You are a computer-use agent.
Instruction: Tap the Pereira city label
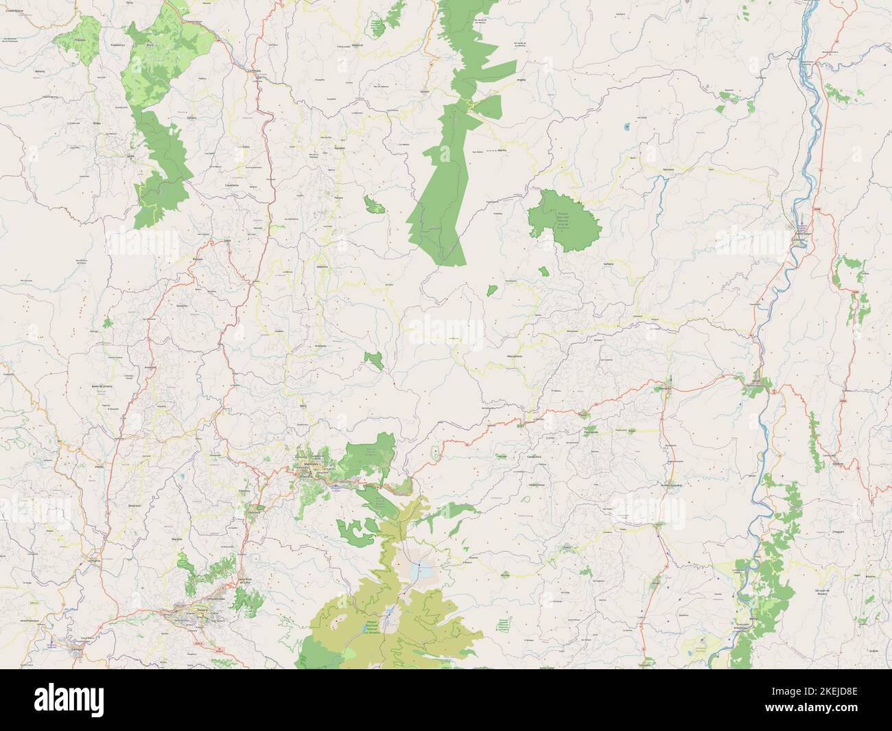[x=200, y=608]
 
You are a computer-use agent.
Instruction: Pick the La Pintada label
[x=257, y=70]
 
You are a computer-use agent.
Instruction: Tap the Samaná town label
[x=608, y=264]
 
